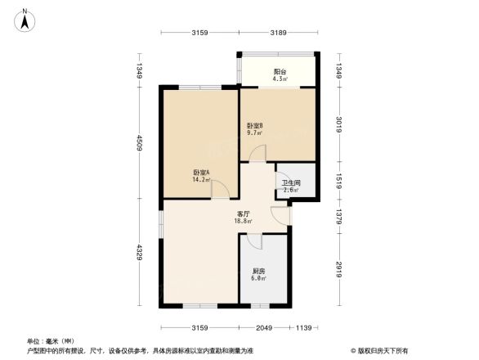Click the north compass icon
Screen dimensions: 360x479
tap(26, 18)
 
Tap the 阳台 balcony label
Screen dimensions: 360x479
tap(280, 71)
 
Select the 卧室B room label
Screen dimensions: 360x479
tap(255, 125)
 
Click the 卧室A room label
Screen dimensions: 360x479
tap(201, 173)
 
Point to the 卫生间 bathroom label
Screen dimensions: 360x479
tap(291, 183)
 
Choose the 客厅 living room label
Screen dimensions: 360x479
tap(244, 214)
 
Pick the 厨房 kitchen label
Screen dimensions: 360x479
tap(258, 272)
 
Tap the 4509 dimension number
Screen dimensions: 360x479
tap(140, 144)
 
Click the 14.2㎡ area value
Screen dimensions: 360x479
tap(201, 180)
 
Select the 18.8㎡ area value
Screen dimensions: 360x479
tap(244, 221)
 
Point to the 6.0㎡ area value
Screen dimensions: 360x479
tap(258, 279)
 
